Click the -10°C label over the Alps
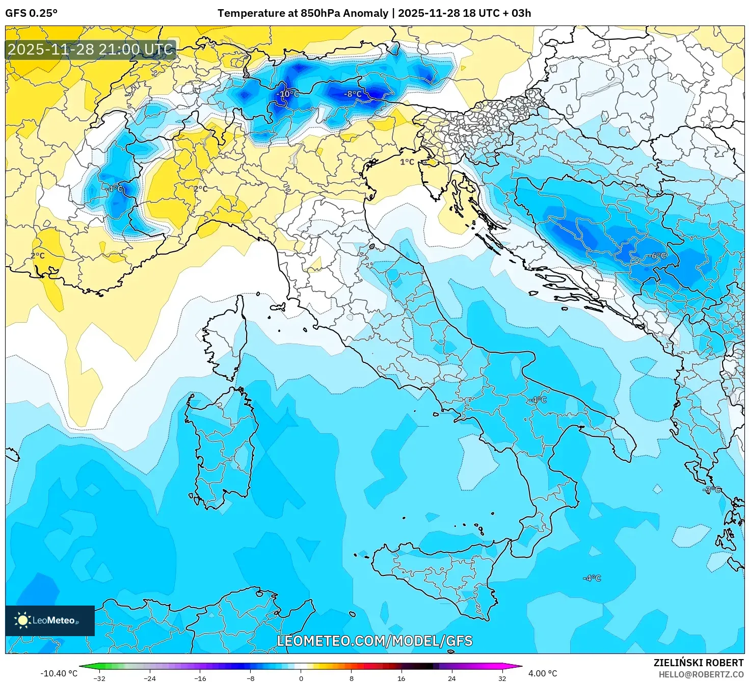pos(287,94)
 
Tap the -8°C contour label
pos(353,94)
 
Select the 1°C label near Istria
pos(407,162)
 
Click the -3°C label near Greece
pos(712,490)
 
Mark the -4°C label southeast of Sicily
pos(592,578)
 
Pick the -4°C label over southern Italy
pos(537,400)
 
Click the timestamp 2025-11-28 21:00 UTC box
pos(91,49)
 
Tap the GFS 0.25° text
pos(32,13)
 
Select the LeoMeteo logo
pos(50,620)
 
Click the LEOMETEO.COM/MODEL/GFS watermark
pos(374,641)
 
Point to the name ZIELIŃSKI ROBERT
pos(699,663)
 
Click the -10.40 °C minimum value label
pos(59,673)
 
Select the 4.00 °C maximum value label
pos(543,673)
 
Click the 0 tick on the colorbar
pos(301,678)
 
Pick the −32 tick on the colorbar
pos(99,678)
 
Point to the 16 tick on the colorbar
pos(401,678)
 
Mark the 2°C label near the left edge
pos(38,255)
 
